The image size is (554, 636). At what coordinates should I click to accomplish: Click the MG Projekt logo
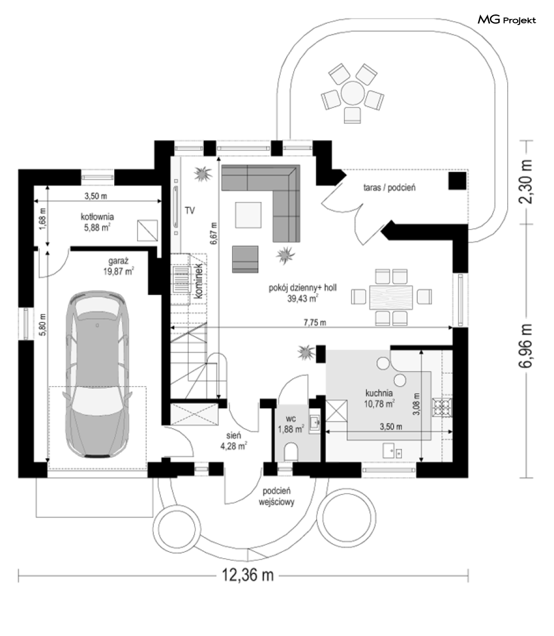coord(507,19)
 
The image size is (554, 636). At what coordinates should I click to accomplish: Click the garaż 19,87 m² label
coord(118,266)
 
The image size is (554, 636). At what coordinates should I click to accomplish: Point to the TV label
coord(190,211)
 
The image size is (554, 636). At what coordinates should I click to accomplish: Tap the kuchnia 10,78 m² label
coord(379,398)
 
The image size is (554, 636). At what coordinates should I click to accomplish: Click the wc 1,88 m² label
coord(291,424)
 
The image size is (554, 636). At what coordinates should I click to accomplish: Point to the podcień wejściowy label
coord(277,496)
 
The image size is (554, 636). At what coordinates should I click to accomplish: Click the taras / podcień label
coord(389,187)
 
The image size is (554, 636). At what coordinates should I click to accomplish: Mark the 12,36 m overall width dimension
coord(247,575)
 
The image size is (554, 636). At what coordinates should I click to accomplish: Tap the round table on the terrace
coord(352,93)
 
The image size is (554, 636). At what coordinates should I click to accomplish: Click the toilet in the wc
coord(291,452)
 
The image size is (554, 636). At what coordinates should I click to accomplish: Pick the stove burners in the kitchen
coord(442,408)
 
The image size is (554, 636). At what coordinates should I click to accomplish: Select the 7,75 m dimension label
coord(315,323)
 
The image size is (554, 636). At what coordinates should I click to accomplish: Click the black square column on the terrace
coord(457,181)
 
